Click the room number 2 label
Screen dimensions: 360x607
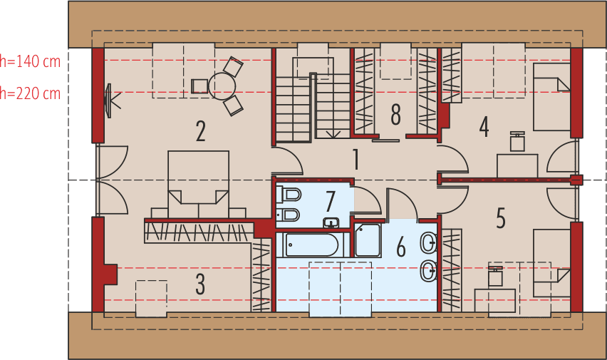tap(201, 132)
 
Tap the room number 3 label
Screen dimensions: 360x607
tap(200, 285)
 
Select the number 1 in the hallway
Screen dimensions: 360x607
tap(355, 160)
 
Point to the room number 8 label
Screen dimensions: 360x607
tap(395, 115)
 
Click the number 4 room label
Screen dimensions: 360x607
tap(484, 128)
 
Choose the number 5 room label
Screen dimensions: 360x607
tap(501, 220)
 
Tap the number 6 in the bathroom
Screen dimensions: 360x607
tap(401, 247)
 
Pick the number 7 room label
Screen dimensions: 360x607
tap(330, 202)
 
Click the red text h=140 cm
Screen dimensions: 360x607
tap(30, 62)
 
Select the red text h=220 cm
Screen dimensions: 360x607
tap(30, 93)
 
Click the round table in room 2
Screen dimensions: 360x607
tap(222, 86)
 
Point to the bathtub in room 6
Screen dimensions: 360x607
tap(312, 245)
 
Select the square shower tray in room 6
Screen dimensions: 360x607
tap(368, 240)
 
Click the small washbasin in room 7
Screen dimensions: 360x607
tap(331, 223)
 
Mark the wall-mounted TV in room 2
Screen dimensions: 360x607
tap(108, 101)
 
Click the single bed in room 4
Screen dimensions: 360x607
tap(552, 97)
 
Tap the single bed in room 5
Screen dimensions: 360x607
tap(552, 262)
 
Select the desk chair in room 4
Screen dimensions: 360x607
tap(517, 142)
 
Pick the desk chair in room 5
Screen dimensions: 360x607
tap(495, 277)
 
